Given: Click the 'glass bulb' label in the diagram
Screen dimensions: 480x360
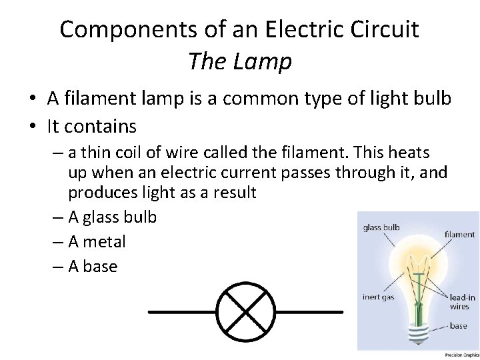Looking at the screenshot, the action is pos(381,227).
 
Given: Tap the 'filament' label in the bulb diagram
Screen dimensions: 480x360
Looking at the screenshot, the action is pos(460,235).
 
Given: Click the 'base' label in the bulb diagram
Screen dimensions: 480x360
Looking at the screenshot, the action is pos(458,327).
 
